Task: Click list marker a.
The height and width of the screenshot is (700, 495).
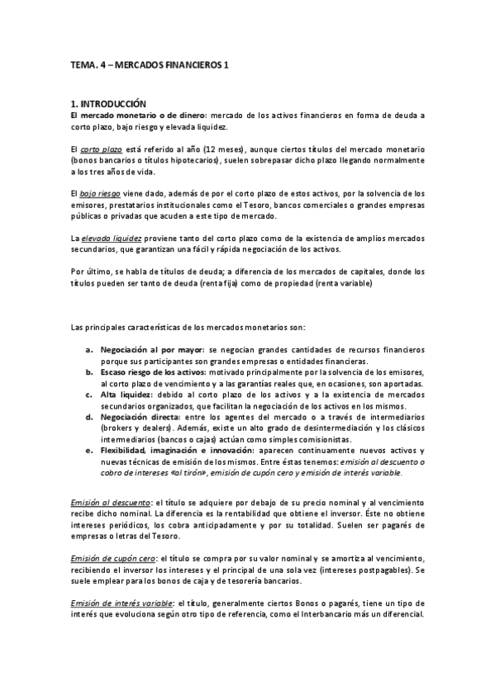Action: coord(89,350)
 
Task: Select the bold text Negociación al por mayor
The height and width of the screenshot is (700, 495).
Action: coord(150,350)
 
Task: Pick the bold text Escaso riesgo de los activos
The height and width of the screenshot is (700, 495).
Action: coord(154,371)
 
